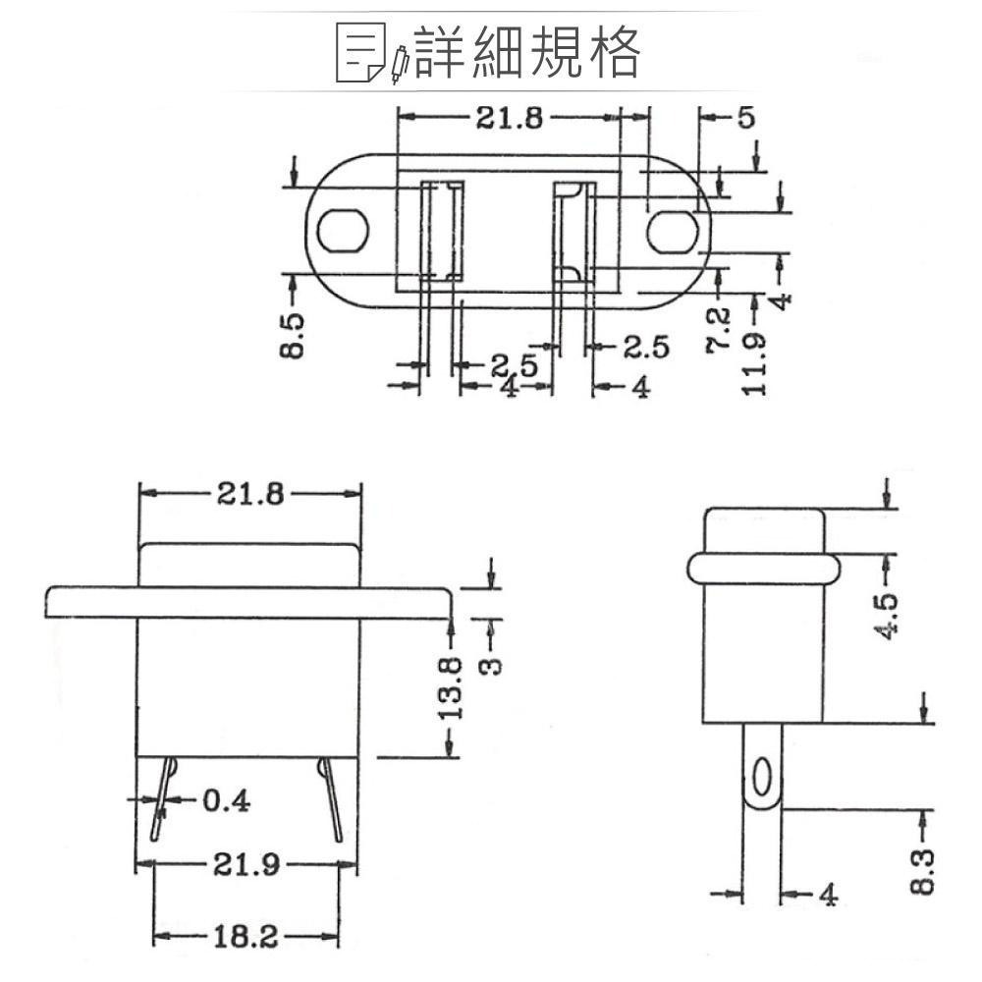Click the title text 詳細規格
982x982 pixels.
(527, 52)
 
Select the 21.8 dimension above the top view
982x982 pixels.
(509, 118)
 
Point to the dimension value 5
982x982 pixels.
(745, 119)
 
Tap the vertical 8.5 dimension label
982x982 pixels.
(293, 336)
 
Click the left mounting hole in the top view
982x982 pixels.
(342, 230)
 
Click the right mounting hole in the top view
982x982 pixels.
(673, 230)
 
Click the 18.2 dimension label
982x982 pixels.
(245, 938)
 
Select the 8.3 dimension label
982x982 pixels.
(922, 871)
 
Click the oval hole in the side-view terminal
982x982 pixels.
(761, 777)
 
